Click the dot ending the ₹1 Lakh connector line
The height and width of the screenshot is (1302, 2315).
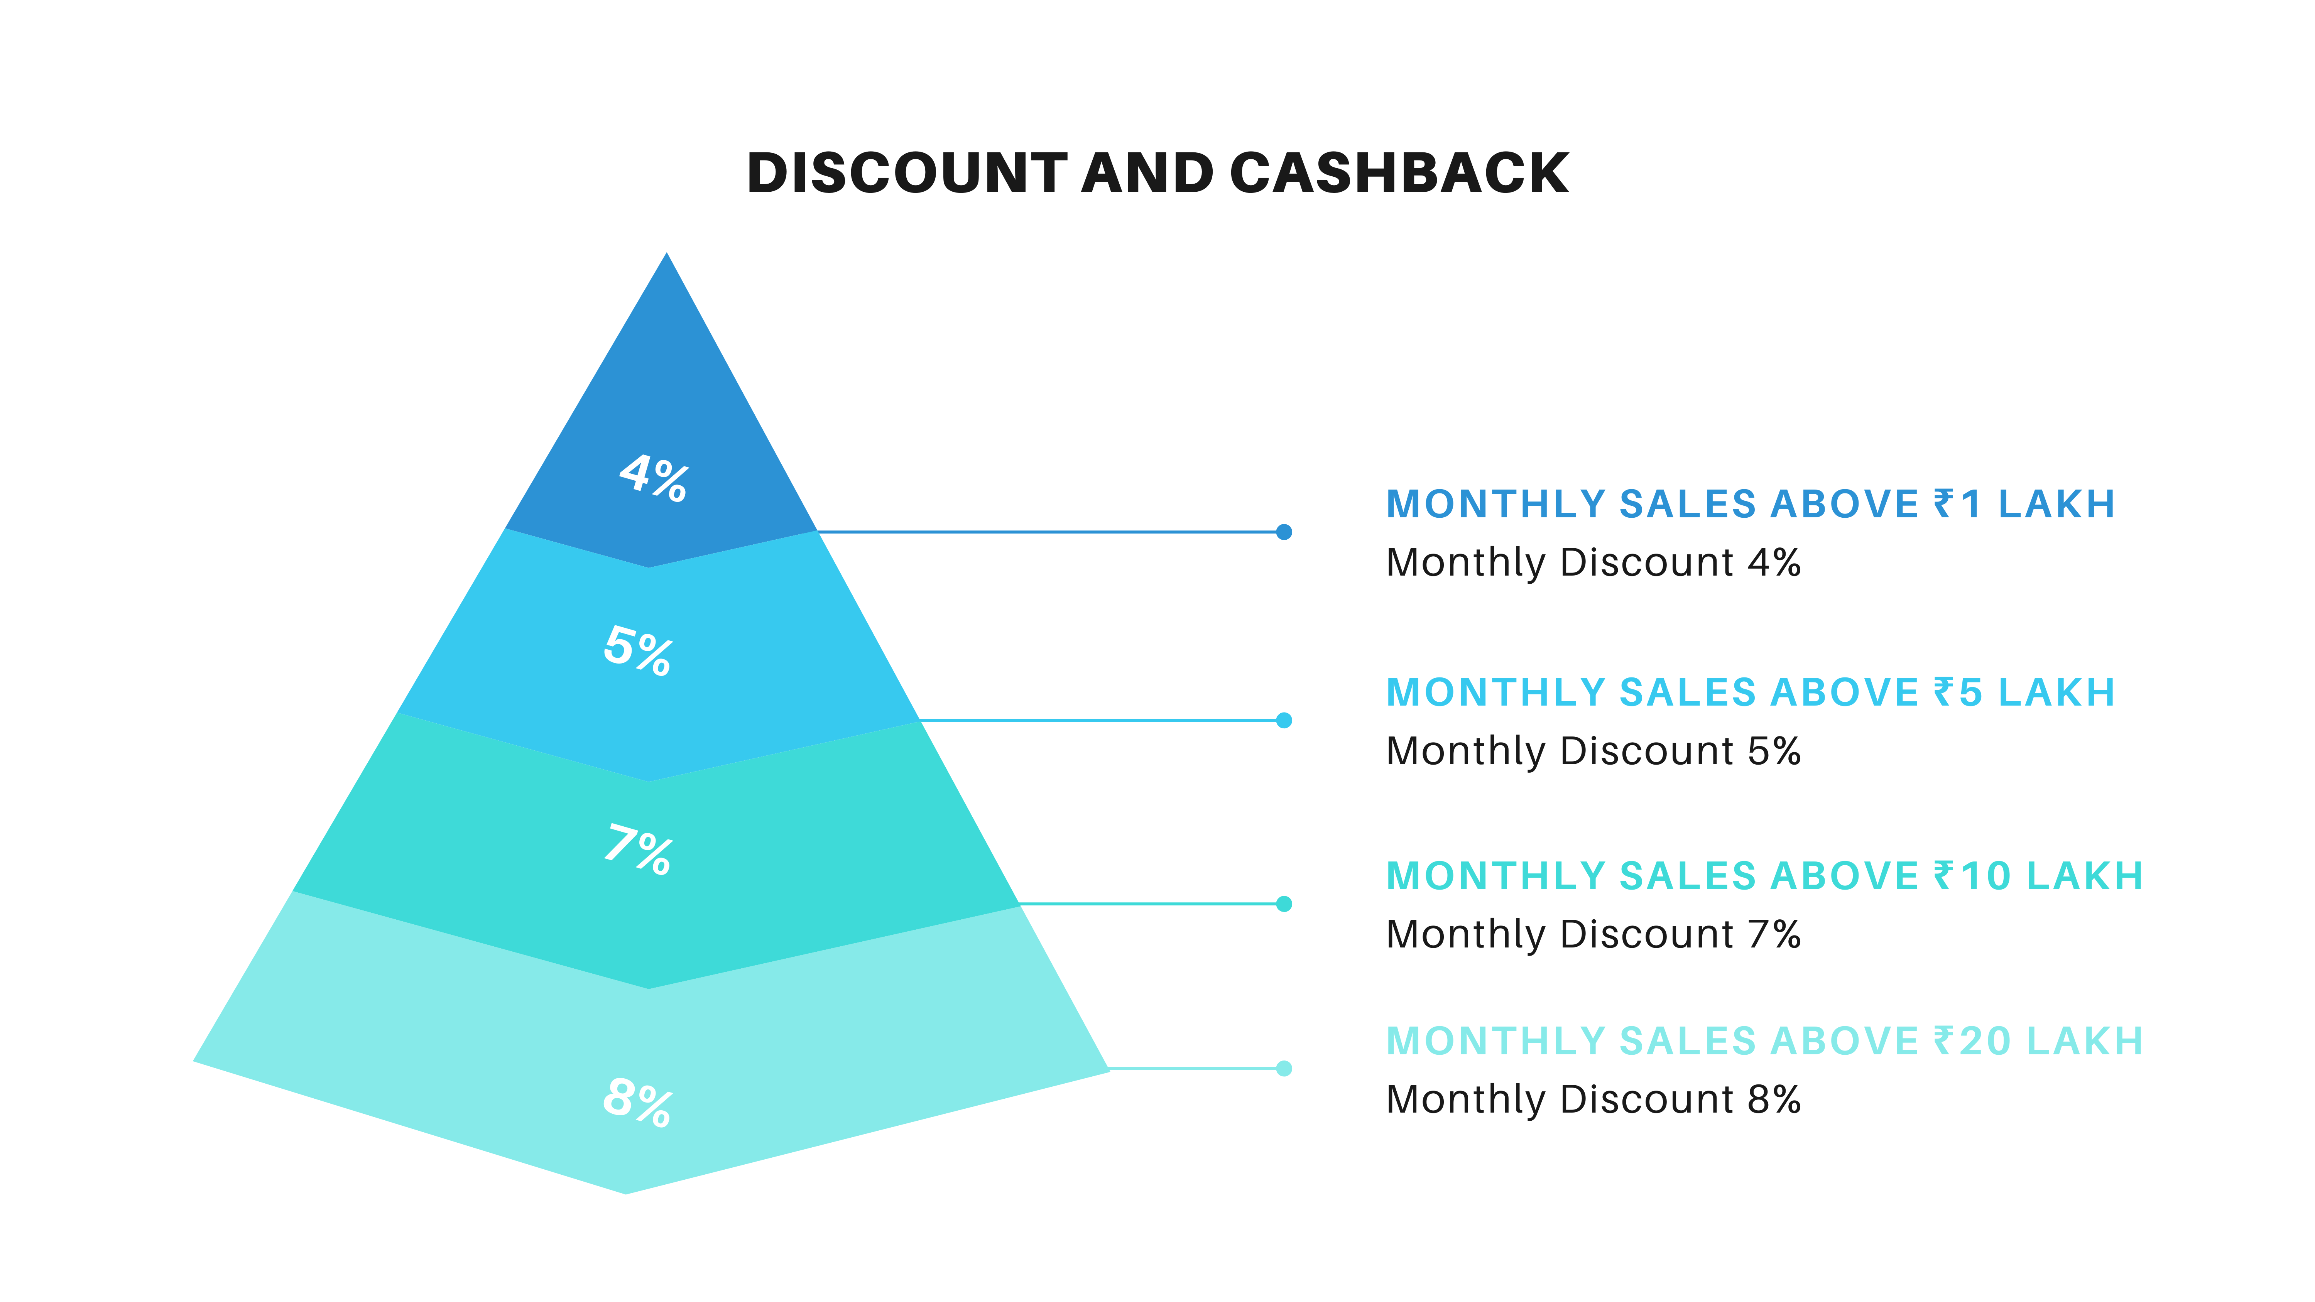click(1284, 532)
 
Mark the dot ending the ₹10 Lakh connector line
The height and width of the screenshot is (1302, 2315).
click(1284, 904)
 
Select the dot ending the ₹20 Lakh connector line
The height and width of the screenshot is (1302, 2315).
click(1284, 1068)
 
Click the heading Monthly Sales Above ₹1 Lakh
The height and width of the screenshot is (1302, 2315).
click(1751, 504)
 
